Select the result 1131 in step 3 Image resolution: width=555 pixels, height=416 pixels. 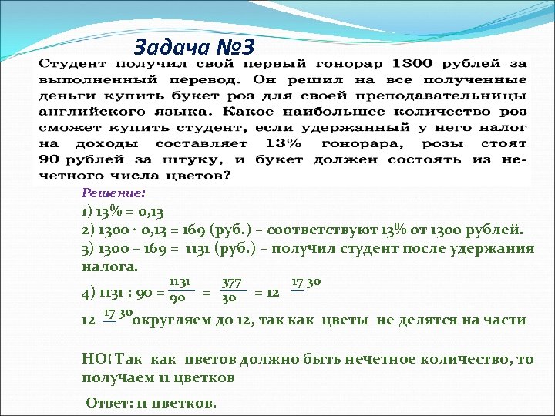(x=184, y=248)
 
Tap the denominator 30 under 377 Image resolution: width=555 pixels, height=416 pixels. (x=229, y=298)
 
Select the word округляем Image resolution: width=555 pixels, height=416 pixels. (x=174, y=320)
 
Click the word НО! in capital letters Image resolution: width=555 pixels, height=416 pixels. (x=96, y=360)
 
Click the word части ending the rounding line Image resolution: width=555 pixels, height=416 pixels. (x=504, y=320)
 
